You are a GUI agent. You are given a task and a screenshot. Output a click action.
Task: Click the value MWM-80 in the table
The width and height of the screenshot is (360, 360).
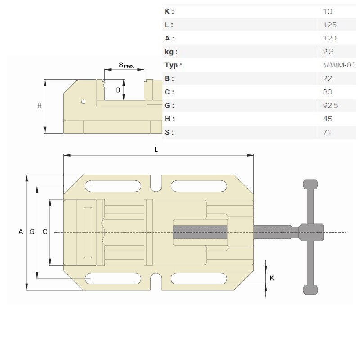click(x=339, y=65)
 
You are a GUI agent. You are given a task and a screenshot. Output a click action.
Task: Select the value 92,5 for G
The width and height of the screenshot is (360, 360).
click(x=330, y=105)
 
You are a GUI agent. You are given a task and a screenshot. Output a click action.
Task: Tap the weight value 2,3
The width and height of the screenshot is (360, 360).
click(x=328, y=52)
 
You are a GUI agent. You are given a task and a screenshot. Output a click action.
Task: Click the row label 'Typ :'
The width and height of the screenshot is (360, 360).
click(x=173, y=65)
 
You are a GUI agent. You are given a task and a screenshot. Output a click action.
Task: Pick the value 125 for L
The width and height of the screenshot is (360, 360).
click(x=330, y=25)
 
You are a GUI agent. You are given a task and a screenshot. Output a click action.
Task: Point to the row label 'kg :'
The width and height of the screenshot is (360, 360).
click(x=171, y=52)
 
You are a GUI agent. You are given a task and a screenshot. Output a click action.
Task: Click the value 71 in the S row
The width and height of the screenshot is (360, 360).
click(x=327, y=132)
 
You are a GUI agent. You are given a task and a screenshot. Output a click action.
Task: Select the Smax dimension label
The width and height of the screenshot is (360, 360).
click(x=126, y=65)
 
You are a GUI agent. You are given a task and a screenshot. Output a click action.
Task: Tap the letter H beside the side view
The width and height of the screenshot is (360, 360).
click(x=40, y=106)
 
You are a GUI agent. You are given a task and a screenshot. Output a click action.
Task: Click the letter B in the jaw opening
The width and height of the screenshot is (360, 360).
click(x=118, y=90)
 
